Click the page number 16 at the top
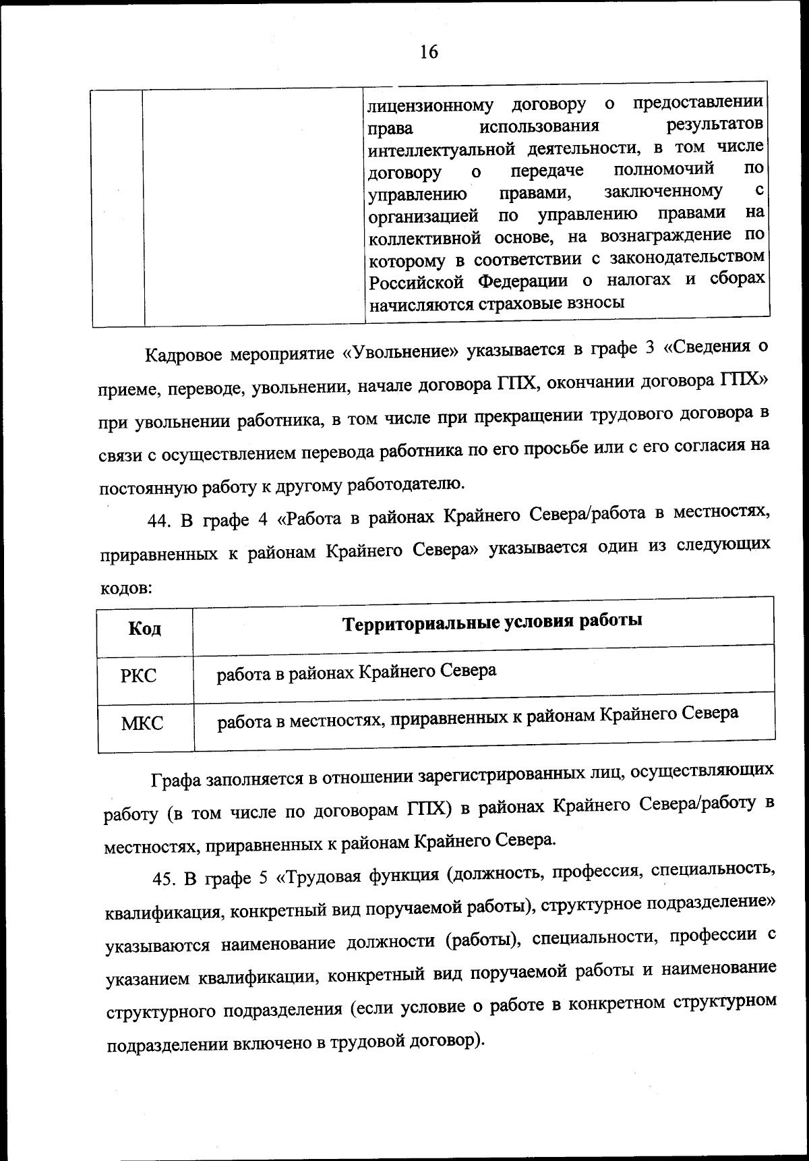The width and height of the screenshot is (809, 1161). coord(428,52)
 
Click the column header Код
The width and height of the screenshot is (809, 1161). coord(144,629)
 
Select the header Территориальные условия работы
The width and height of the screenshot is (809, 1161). coord(492,621)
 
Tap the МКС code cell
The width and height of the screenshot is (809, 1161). coord(142,724)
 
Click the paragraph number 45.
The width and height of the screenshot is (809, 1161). coord(165,879)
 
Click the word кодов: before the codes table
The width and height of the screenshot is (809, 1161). coord(125,588)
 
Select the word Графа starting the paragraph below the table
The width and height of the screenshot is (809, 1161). coord(175,781)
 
